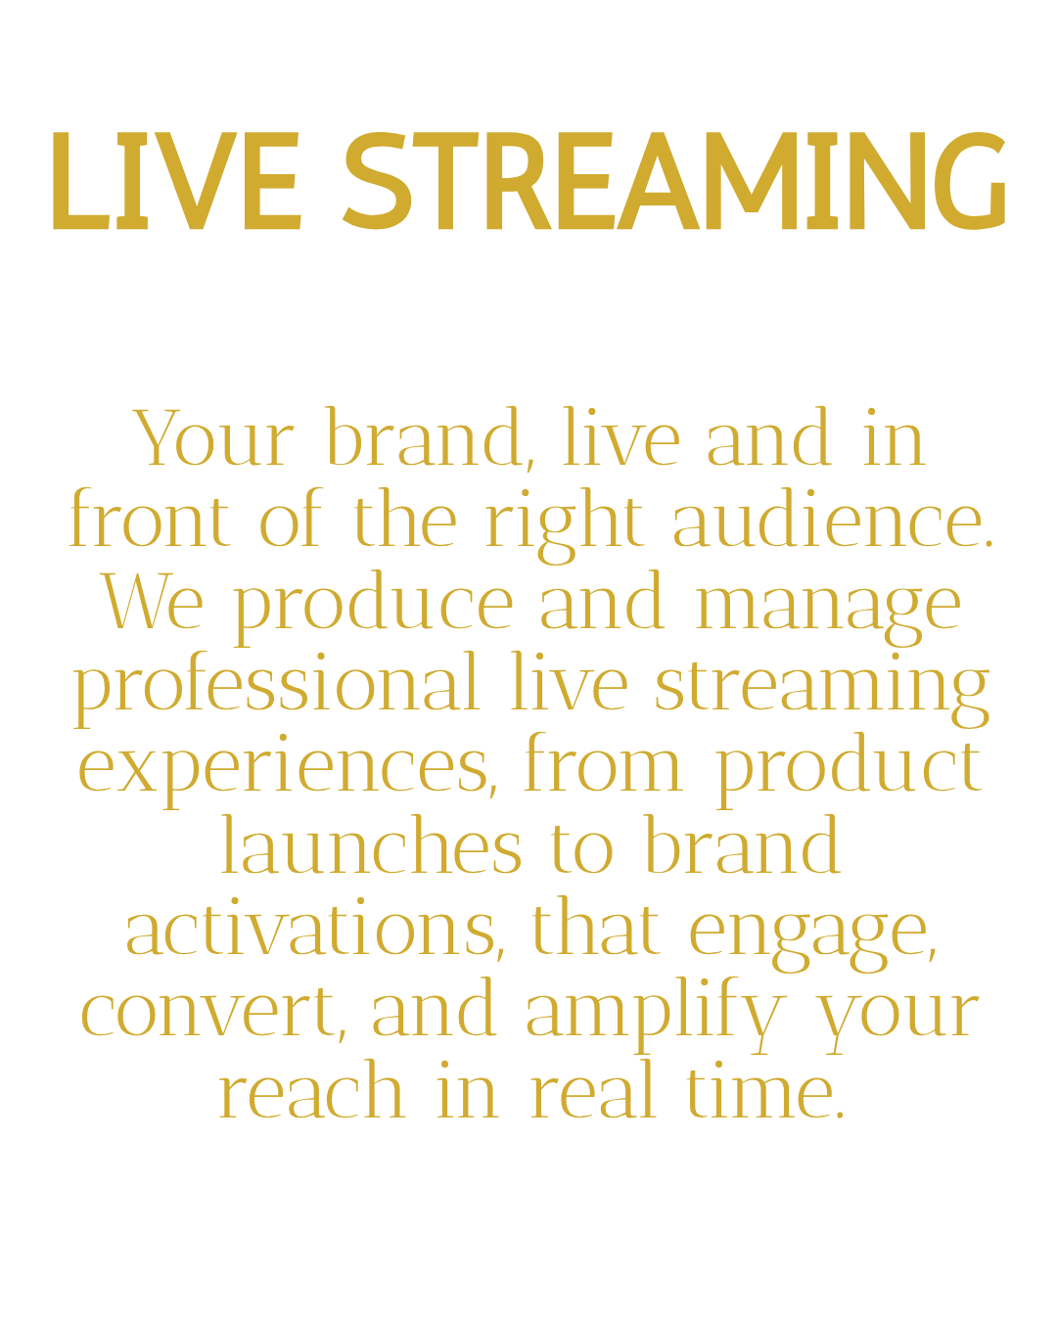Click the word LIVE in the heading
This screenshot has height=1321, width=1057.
coord(177,180)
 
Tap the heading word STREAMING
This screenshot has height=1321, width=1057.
coord(674,180)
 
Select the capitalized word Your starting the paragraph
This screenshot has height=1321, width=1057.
coord(212,437)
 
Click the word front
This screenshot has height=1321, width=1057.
coord(149,518)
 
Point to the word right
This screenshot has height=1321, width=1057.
coord(565,525)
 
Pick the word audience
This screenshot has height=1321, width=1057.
coord(834,518)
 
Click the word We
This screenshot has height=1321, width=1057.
coord(153,601)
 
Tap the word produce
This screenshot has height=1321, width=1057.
coord(374,608)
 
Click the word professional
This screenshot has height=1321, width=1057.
coord(275,689)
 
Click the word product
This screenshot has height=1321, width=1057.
coord(850,770)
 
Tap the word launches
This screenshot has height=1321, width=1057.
coord(371,844)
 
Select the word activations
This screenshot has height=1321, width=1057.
coord(315,927)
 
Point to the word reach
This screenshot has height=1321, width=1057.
coord(312,1089)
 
